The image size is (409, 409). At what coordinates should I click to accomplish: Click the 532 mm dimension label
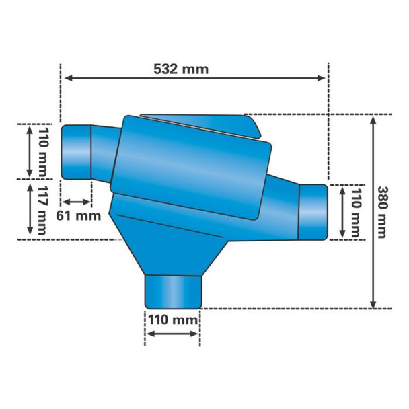181,69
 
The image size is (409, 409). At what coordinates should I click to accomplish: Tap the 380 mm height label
382,212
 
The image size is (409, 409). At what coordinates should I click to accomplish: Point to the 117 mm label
43,211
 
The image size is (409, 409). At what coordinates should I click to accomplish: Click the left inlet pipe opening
75,152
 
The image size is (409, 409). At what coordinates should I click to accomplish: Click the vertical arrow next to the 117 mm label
30,209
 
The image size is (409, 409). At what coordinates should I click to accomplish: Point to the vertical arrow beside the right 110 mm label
340,211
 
